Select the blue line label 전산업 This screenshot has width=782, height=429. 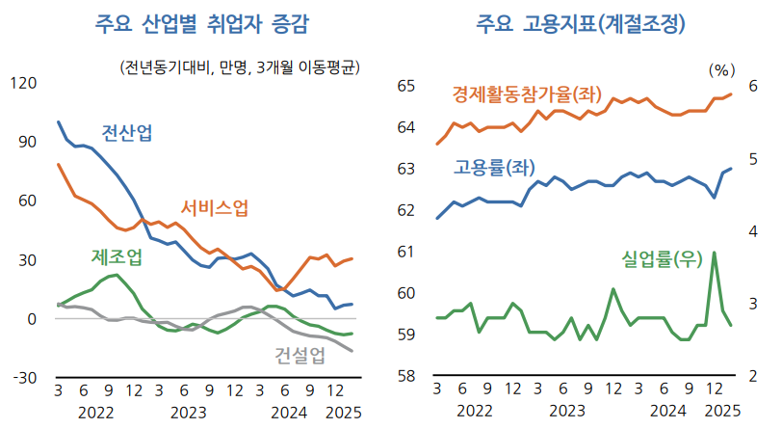(x=126, y=134)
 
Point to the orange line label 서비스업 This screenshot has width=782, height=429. (x=215, y=207)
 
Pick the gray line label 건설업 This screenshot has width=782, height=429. (x=300, y=355)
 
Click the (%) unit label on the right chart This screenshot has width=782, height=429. (x=720, y=69)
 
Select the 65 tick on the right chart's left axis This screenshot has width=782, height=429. (x=405, y=87)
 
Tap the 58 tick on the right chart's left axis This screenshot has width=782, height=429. (x=405, y=376)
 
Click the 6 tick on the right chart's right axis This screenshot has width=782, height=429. (x=754, y=87)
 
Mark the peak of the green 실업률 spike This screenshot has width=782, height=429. (x=714, y=253)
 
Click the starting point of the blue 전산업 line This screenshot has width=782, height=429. (x=59, y=122)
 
